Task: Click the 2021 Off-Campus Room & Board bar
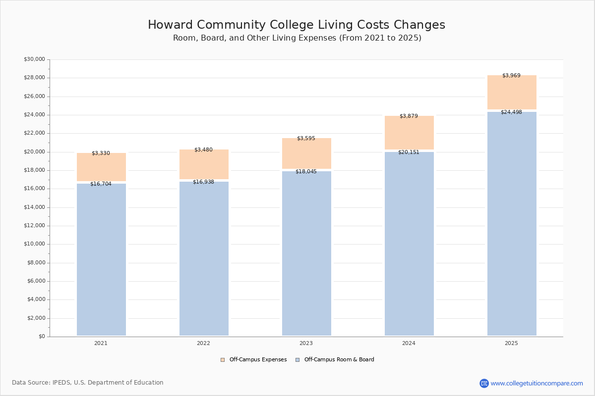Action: coord(101,260)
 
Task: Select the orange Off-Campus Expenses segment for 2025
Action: coord(512,93)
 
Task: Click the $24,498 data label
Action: coord(511,112)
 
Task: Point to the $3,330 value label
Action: coord(101,153)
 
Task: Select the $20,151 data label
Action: coord(409,152)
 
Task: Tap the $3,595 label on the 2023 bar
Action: coord(306,139)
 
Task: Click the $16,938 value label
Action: coord(203,182)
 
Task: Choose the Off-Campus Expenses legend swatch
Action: coord(223,360)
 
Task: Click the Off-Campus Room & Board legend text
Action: coord(339,360)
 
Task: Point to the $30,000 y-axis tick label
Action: coord(34,59)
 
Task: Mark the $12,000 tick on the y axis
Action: coord(34,226)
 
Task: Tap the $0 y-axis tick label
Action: coord(41,337)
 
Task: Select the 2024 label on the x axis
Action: coord(409,344)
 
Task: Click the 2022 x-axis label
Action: coord(203,344)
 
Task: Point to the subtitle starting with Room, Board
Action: coord(297,38)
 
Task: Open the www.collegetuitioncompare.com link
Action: coord(536,383)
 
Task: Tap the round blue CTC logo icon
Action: coord(484,383)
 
